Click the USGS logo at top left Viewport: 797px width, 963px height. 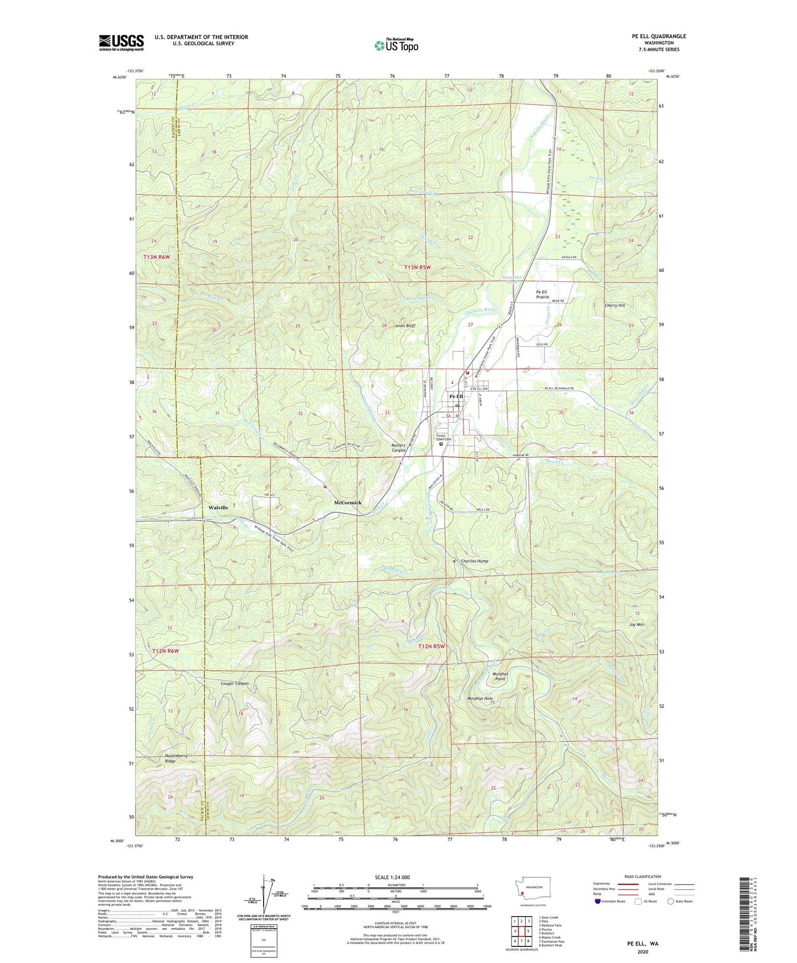pos(121,42)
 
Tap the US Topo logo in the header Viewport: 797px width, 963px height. pos(396,45)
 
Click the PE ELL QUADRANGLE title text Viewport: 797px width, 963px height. pos(659,36)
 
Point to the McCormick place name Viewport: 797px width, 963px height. pos(348,503)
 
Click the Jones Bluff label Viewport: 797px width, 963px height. pos(404,326)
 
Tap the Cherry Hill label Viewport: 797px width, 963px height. pos(614,306)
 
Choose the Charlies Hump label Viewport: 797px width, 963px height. pos(474,561)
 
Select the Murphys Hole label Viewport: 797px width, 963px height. pos(480,699)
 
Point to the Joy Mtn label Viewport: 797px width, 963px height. pos(636,625)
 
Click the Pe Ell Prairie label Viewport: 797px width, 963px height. pos(542,295)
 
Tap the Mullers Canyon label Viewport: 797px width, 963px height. pos(398,447)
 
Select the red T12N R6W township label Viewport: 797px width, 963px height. pos(165,651)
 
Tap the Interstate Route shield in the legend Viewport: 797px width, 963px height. pos(599,901)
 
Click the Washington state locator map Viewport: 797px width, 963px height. pos(532,890)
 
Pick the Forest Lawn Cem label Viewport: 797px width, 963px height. pos(443,436)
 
